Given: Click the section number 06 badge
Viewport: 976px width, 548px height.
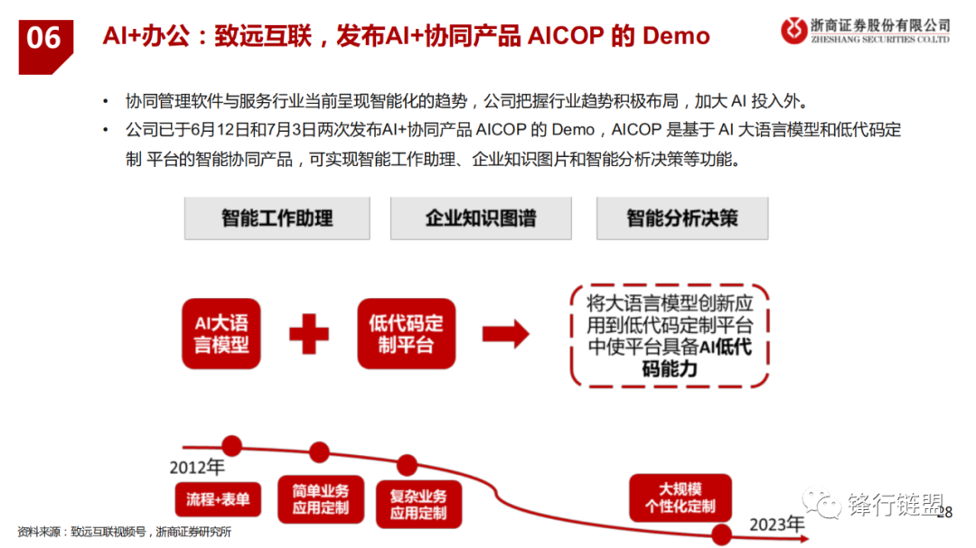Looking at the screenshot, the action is (45, 47).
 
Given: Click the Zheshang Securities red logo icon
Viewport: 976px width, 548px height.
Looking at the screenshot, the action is (793, 30).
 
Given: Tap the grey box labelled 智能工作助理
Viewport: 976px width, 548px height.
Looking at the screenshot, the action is (277, 218).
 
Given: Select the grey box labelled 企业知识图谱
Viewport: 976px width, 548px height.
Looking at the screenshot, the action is (481, 218).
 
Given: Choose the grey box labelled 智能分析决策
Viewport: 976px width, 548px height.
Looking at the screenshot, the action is (682, 218).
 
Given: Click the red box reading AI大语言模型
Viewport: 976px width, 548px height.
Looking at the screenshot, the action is (221, 333).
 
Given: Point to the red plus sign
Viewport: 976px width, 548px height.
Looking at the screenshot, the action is (309, 334).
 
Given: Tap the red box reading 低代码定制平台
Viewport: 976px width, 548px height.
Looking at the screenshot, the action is (406, 333).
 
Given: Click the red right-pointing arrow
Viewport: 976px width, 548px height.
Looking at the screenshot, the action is (505, 334).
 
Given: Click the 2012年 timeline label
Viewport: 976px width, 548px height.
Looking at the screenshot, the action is (197, 467).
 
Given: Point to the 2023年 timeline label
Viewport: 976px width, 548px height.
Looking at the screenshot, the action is (777, 525).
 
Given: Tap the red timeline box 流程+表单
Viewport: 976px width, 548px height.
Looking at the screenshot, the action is (218, 499).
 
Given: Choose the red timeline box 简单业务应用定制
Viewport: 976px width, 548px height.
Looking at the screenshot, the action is (321, 499).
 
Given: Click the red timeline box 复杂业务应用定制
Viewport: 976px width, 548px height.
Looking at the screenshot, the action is (418, 505).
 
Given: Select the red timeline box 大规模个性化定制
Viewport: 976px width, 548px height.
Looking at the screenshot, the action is (680, 497).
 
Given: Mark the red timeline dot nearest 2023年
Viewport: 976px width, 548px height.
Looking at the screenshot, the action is (721, 534).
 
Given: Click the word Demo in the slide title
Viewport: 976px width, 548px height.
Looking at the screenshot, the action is (676, 36).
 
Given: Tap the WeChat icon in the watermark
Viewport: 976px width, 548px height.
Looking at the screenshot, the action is (821, 503).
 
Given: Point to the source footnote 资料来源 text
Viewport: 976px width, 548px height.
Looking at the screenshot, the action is (125, 532).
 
